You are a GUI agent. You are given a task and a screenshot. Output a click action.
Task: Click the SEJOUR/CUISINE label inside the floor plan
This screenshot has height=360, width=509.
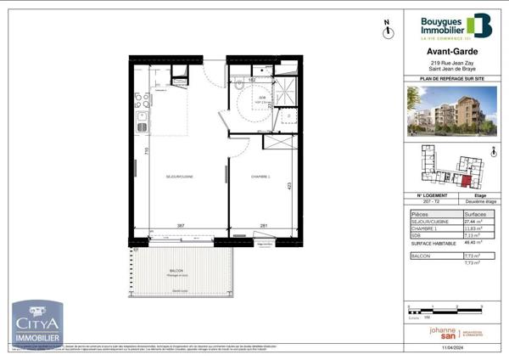[x=180, y=176]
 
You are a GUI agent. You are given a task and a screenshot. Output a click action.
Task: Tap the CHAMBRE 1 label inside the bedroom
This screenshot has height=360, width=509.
[x=260, y=176]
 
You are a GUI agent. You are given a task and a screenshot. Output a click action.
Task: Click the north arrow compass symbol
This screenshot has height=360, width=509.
[x=387, y=30]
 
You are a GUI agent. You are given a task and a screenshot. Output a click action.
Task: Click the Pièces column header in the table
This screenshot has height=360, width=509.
[x=420, y=215]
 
